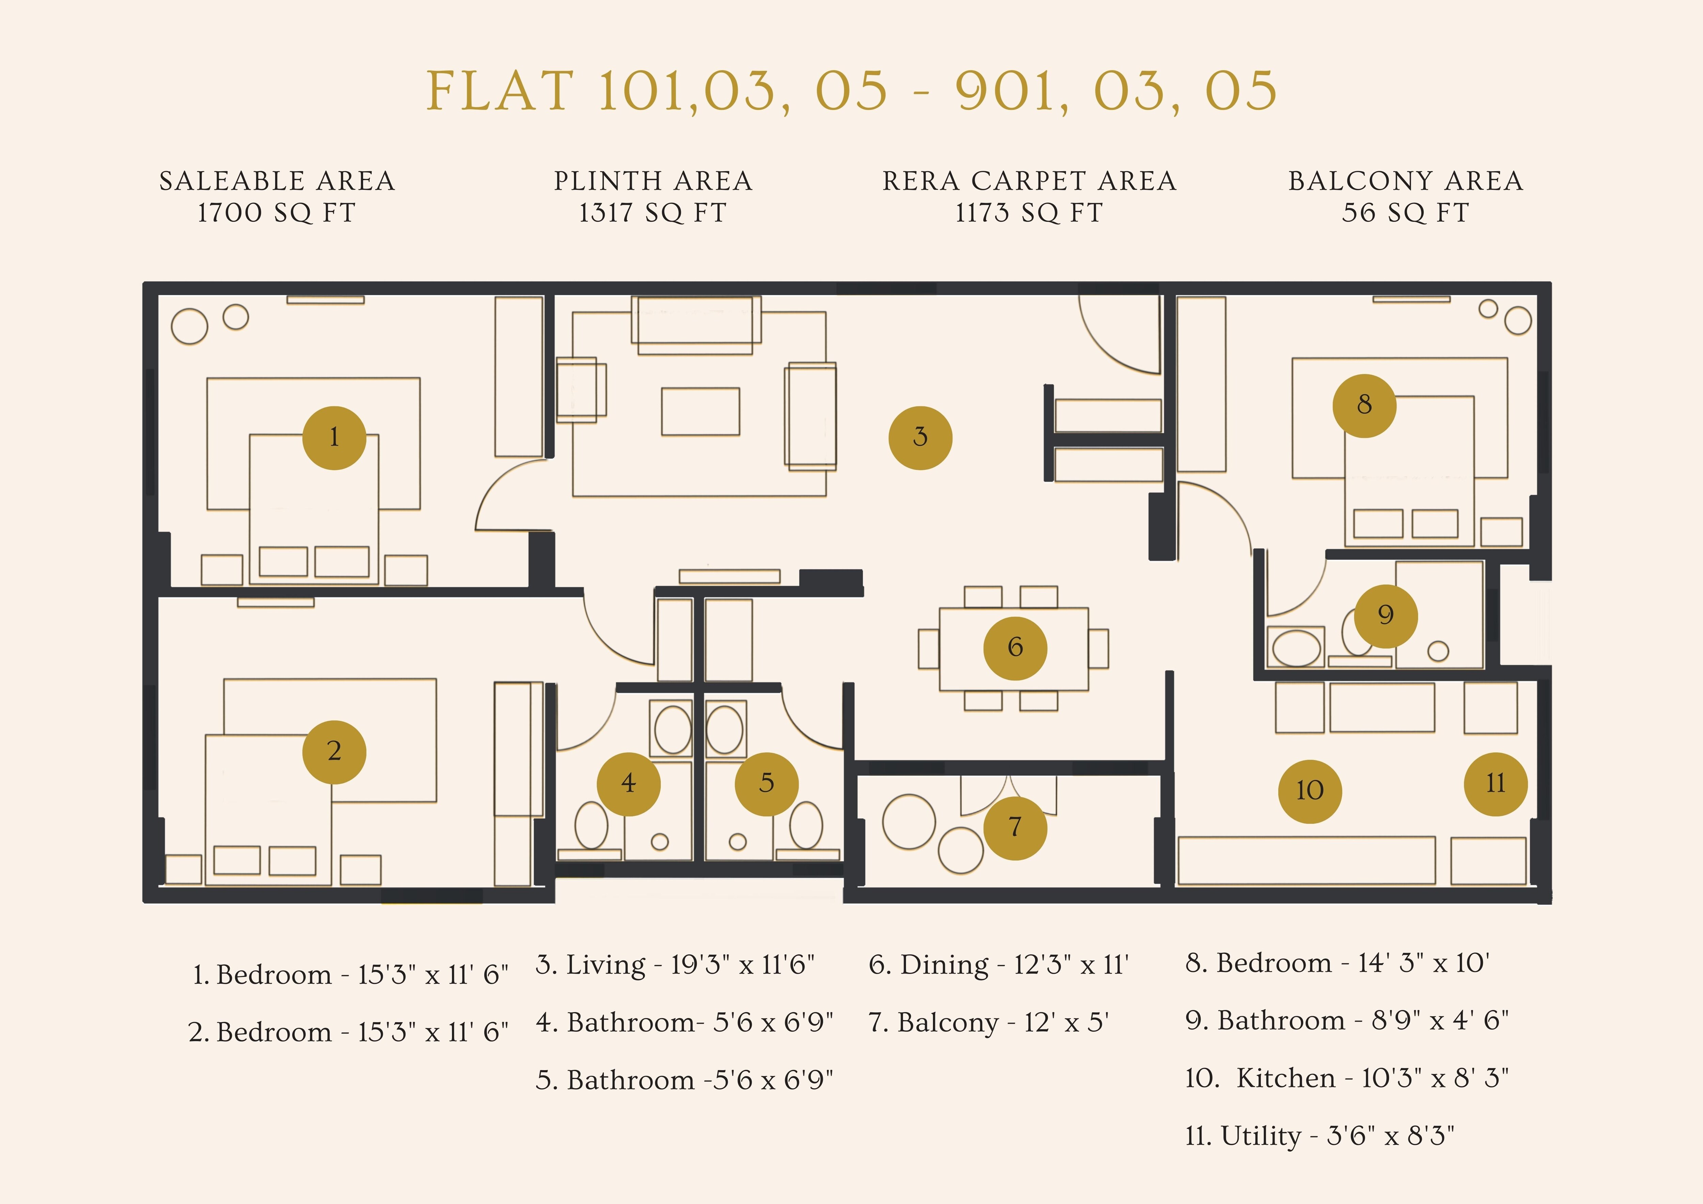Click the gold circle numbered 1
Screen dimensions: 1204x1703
(x=334, y=438)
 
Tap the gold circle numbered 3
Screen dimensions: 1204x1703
(x=920, y=438)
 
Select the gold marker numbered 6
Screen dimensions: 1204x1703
(x=1015, y=648)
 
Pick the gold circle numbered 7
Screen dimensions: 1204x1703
(x=1015, y=827)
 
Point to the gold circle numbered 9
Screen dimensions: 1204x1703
(x=1385, y=615)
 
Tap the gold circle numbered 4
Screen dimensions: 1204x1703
(x=628, y=783)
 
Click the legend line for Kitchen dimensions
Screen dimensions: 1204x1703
(x=1346, y=1078)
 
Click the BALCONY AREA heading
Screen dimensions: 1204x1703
(x=1406, y=181)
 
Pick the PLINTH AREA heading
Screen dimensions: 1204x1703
(x=653, y=181)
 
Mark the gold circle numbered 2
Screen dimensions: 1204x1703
(x=334, y=752)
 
